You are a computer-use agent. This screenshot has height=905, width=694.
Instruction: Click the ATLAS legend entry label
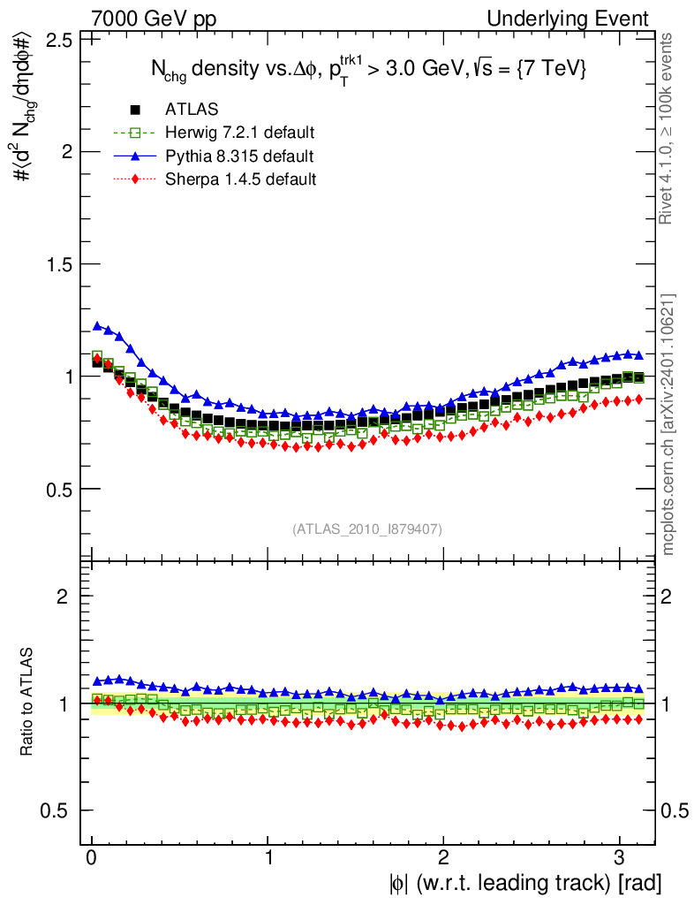coord(192,110)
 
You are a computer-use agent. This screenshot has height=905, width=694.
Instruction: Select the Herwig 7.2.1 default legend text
coord(240,133)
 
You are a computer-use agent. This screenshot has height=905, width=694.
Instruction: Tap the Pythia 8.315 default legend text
coord(238,156)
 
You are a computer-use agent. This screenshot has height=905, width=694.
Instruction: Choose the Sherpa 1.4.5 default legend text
coord(241,179)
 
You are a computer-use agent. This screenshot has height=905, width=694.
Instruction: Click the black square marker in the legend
coord(136,110)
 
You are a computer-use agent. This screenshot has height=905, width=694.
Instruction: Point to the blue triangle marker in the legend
coord(136,156)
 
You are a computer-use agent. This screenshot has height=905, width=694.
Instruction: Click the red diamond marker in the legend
coord(136,179)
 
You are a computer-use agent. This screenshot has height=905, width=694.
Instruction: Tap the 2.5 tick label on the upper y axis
coord(58,40)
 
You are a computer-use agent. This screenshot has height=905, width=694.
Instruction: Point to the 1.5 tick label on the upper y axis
coord(58,264)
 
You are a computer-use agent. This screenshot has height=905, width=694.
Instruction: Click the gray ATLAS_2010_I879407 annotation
coord(367,529)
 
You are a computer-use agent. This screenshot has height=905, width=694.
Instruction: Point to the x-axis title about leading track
coord(522,882)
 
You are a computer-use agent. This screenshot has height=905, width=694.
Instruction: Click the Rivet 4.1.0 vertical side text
coord(668,128)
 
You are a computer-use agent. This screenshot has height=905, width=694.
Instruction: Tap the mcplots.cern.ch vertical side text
coord(668,424)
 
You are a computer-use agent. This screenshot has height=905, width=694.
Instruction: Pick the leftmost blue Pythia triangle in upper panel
coord(98,325)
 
